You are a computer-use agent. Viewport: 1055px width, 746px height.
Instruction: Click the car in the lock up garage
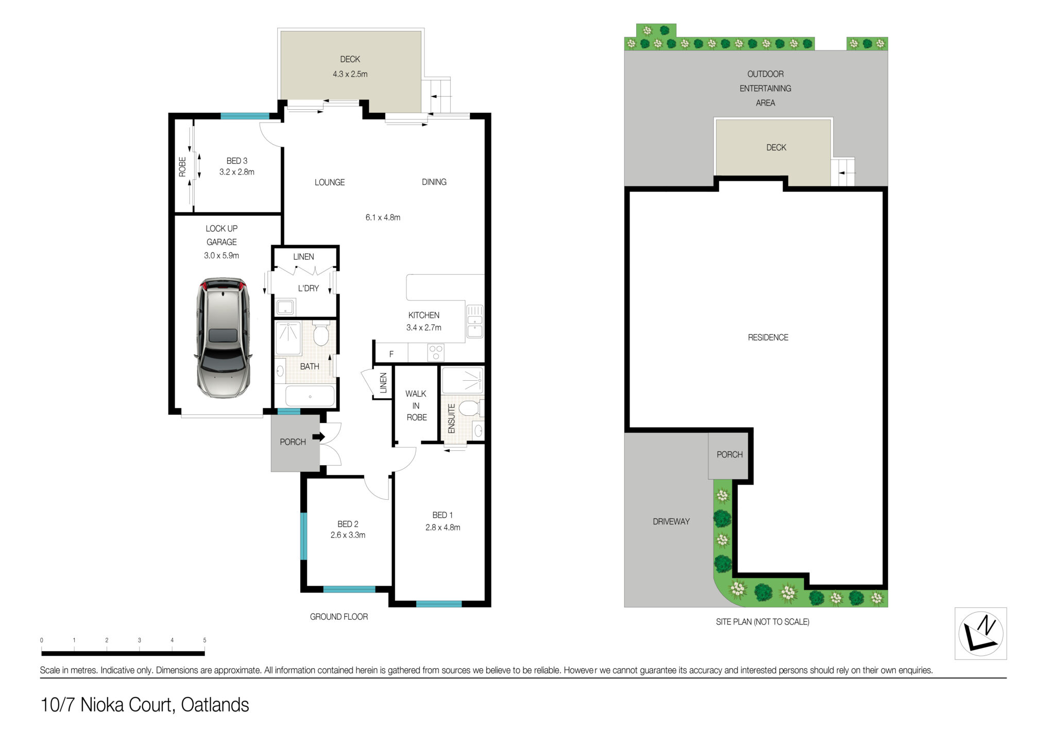(223, 337)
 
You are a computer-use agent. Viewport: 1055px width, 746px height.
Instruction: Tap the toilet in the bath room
(321, 333)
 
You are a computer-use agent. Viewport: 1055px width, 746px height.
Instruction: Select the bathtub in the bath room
(310, 396)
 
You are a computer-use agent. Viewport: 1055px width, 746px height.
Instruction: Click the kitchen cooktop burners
(436, 353)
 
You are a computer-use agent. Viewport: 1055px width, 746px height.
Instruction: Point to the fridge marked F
(392, 354)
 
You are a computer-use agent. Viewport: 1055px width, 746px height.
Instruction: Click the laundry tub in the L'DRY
(285, 307)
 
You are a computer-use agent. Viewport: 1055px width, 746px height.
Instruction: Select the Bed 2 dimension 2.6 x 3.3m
(348, 535)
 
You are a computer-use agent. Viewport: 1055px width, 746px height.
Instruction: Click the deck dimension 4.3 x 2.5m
(350, 74)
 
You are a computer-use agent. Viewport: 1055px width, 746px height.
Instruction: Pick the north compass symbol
(981, 633)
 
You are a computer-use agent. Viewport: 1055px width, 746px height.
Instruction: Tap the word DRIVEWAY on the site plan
(671, 521)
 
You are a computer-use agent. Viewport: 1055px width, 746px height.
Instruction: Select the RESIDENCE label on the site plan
(768, 337)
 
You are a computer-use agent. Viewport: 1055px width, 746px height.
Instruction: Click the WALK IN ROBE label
(416, 405)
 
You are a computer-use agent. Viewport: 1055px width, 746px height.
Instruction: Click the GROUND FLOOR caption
(339, 617)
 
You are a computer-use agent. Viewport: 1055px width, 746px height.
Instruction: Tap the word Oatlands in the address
(215, 704)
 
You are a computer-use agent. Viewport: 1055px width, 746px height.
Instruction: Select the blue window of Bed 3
(245, 116)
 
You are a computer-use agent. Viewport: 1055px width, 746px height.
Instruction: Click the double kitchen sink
(474, 321)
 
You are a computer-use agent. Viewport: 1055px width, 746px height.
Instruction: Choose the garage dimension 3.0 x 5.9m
(222, 256)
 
